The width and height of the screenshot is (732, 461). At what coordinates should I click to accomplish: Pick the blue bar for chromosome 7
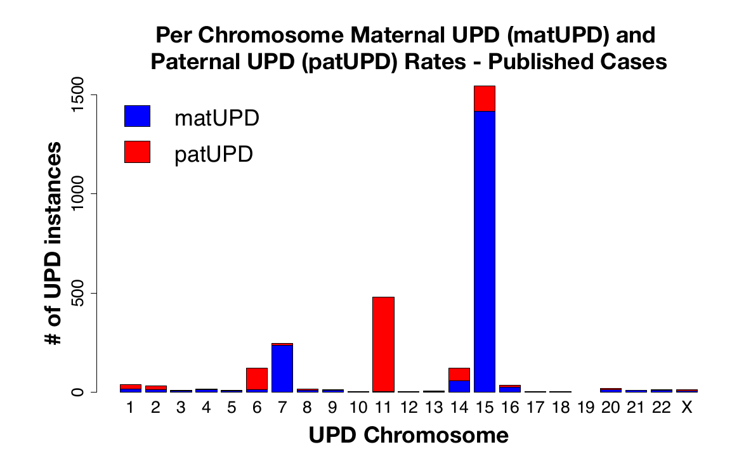pos(282,368)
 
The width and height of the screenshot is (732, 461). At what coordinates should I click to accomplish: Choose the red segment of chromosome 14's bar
pos(459,374)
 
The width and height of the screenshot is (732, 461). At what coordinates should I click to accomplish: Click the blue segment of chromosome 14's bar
pos(459,386)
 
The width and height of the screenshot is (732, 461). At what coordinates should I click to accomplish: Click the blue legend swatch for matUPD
pos(137,117)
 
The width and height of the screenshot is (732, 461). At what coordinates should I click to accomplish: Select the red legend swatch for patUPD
pos(137,152)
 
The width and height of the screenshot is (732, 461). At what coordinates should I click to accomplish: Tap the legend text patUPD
pos(214,153)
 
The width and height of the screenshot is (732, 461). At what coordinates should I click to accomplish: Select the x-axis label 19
pos(585,408)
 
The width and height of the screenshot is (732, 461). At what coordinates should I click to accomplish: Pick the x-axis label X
pos(686,408)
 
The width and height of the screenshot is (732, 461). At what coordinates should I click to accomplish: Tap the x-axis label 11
pos(383,408)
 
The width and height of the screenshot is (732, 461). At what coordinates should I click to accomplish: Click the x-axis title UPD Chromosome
pos(408,436)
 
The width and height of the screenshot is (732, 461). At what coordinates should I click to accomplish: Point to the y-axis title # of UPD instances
pos(55,243)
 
